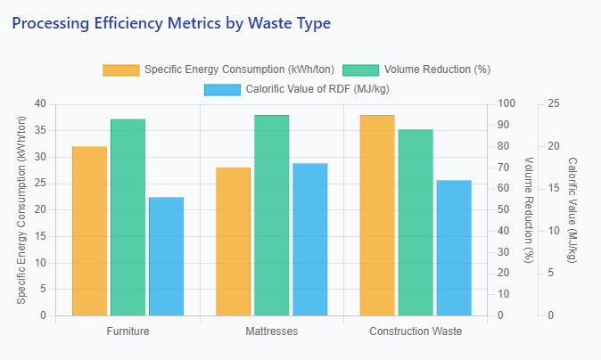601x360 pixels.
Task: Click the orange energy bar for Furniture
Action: click(x=89, y=231)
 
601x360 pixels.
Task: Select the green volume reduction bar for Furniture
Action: click(x=128, y=217)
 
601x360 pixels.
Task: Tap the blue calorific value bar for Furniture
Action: click(x=166, y=257)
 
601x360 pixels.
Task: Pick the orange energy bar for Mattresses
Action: click(x=233, y=241)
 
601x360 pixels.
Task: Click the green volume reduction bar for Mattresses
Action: click(x=271, y=216)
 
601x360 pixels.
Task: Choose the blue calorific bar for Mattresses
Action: click(x=309, y=240)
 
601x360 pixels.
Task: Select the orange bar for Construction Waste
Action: click(x=376, y=216)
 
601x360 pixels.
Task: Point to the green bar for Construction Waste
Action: click(x=415, y=223)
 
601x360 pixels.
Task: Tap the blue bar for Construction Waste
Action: click(x=453, y=248)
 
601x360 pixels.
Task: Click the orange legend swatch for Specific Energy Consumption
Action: click(x=121, y=70)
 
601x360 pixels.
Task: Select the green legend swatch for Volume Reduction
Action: click(x=360, y=70)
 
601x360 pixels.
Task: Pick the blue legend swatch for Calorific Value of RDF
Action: click(x=222, y=89)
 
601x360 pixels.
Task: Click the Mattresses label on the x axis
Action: click(x=271, y=331)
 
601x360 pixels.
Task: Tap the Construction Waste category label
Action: click(x=415, y=331)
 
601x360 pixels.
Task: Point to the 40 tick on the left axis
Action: click(x=39, y=103)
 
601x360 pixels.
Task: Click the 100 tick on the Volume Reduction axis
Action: click(x=506, y=103)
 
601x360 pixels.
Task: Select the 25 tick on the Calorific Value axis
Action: click(x=553, y=103)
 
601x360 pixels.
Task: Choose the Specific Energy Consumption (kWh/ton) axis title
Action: click(x=21, y=209)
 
